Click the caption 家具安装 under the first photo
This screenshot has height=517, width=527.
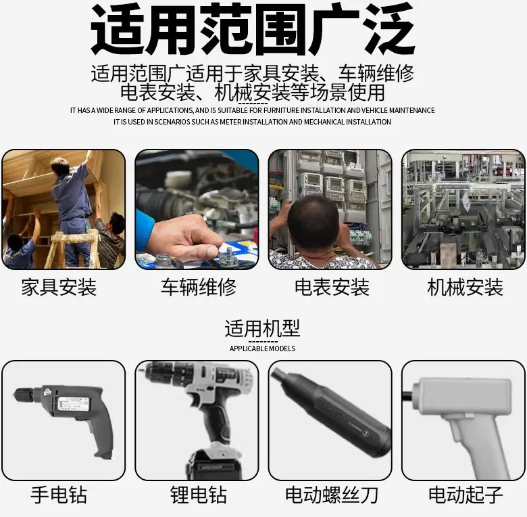59,287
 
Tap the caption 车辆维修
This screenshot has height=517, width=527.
198,287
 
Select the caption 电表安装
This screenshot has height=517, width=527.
332,287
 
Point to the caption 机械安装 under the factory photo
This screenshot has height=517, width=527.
465,287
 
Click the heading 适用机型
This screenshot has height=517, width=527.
262,328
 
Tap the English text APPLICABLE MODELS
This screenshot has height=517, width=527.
262,349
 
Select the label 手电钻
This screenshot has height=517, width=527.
59,495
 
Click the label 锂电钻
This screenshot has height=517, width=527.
198,495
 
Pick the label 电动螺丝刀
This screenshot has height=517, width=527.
332,495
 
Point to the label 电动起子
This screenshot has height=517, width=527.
465,495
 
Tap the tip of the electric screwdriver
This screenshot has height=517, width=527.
276,374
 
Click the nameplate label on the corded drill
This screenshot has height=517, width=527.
73,404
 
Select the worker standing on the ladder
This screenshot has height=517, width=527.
72,208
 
